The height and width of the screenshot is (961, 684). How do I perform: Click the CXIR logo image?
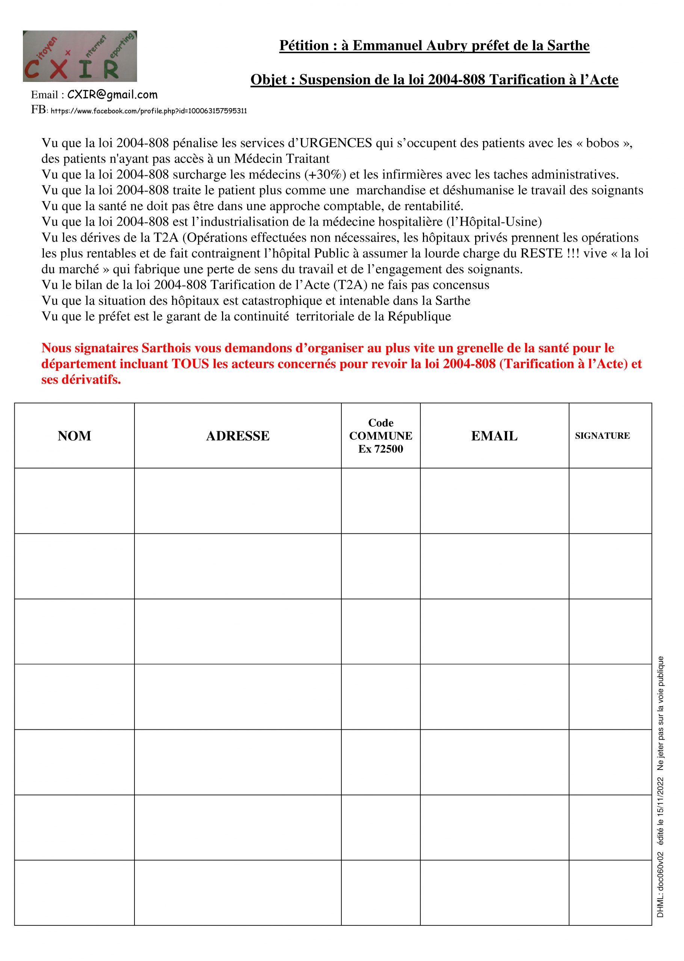click(x=80, y=56)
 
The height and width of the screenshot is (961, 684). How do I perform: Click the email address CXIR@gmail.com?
click(x=112, y=95)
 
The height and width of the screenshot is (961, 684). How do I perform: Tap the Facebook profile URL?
click(x=149, y=111)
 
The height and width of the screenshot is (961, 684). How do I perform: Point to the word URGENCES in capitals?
click(x=335, y=143)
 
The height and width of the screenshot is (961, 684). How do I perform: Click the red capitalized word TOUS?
click(x=190, y=364)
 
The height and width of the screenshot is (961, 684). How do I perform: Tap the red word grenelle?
click(x=483, y=348)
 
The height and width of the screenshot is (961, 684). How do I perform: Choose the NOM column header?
click(x=74, y=436)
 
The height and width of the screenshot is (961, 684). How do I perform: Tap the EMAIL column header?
click(x=494, y=436)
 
